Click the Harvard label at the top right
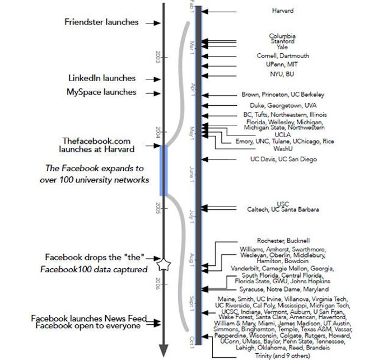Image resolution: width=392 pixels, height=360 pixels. point(282,11)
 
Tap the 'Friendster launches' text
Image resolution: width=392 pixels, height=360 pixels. point(101,22)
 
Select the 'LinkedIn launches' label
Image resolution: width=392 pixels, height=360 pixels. point(102,78)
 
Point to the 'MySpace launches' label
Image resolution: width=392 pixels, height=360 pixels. point(102,92)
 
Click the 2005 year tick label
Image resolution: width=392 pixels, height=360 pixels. point(158,209)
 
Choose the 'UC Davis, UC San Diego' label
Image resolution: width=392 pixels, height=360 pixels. point(283,160)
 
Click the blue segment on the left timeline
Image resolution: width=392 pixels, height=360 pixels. point(164,171)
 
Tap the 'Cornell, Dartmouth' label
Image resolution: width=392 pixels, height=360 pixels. point(283,56)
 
